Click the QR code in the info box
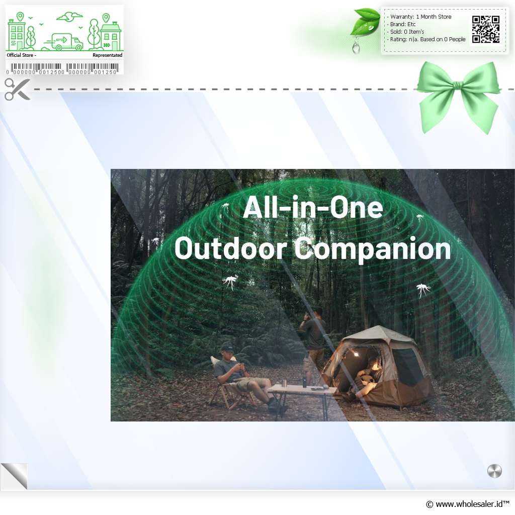(x=486, y=30)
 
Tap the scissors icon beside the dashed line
(x=18, y=89)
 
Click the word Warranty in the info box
(x=402, y=17)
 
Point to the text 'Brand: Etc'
(x=403, y=24)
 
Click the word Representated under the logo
(x=108, y=55)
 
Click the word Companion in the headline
(x=373, y=249)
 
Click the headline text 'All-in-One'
(x=313, y=207)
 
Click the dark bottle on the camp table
(x=305, y=382)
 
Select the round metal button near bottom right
(x=494, y=471)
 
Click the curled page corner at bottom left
(x=15, y=476)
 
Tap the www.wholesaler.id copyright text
(x=468, y=504)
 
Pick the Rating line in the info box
(x=427, y=39)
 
